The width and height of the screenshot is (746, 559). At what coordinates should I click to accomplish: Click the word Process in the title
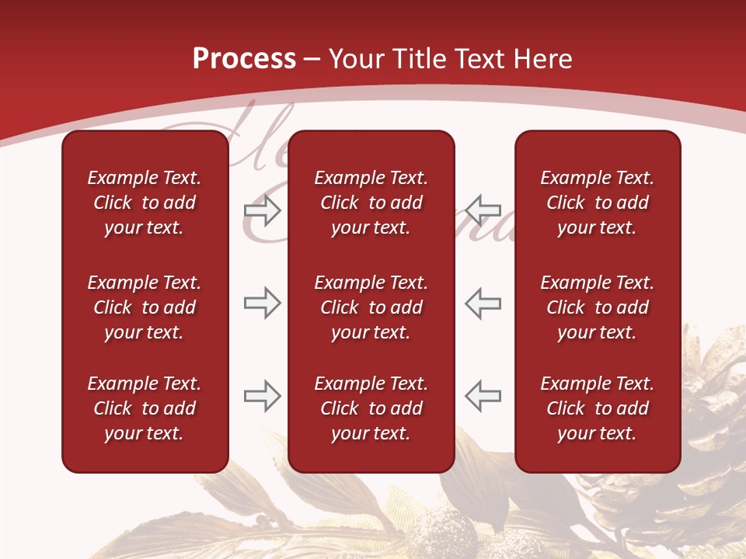(x=244, y=59)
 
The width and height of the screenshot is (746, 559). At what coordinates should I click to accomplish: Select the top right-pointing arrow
(x=262, y=210)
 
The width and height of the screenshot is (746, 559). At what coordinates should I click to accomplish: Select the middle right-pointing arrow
(x=262, y=303)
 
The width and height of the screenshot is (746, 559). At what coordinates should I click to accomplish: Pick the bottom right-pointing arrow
(x=262, y=396)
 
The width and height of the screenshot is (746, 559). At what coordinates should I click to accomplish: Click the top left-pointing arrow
(x=483, y=210)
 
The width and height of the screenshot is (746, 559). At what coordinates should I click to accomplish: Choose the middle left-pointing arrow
(x=483, y=303)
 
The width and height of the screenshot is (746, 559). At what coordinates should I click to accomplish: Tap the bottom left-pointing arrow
(x=483, y=396)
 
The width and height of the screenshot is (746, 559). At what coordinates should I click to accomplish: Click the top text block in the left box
(x=145, y=203)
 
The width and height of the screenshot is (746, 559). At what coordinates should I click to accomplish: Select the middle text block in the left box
(x=145, y=307)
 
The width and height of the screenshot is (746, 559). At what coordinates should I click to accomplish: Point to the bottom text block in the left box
(x=145, y=408)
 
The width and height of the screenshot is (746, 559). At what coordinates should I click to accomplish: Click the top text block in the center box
(x=371, y=203)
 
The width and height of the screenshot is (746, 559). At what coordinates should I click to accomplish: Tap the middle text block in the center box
(x=371, y=307)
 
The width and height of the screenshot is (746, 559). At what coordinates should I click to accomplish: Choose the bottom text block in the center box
(x=371, y=408)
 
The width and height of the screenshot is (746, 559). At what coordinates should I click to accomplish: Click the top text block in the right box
(x=597, y=203)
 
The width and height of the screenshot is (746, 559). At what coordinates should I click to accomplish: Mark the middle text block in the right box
(x=597, y=307)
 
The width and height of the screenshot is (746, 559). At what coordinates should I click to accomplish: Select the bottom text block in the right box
(x=597, y=408)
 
